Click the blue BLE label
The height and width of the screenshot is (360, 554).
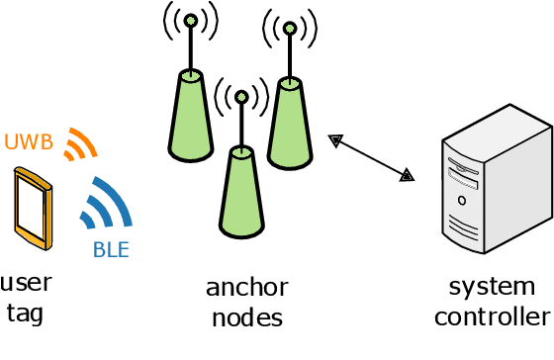tap(111, 249)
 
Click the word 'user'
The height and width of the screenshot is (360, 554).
tap(26, 284)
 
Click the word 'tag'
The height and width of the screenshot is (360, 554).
tap(26, 314)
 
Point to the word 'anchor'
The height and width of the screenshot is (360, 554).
tap(246, 288)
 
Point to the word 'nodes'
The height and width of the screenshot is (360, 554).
tap(246, 317)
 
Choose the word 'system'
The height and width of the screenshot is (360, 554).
tap(491, 287)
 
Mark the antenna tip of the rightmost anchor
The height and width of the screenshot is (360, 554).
tap(289, 27)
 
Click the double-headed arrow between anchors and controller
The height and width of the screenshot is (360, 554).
tap(372, 158)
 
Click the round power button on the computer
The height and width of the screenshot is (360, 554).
tap(462, 200)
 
